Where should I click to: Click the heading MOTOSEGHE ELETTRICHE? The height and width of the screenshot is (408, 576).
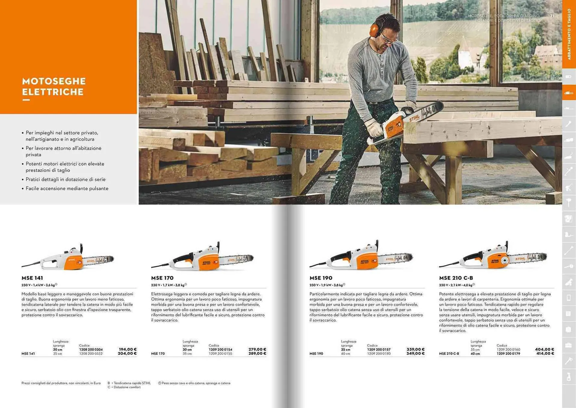tap(54, 87)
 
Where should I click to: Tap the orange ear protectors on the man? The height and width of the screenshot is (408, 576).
tap(375, 30)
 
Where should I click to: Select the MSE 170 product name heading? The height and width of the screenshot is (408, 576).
tap(162, 278)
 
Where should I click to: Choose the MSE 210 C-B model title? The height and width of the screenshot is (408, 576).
tap(456, 278)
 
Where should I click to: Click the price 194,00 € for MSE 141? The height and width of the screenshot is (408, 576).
tap(127, 349)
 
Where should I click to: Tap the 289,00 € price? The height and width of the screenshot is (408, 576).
tap(257, 354)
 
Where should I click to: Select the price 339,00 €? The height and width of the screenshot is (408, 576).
tap(415, 349)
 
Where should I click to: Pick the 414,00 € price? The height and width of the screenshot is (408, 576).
tap(545, 354)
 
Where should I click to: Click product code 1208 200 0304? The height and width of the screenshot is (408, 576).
tap(91, 350)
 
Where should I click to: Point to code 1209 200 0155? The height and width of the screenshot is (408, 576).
tap(220, 354)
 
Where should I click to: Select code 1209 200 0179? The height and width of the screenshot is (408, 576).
tap(508, 354)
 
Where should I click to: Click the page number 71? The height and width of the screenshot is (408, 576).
tap(552, 16)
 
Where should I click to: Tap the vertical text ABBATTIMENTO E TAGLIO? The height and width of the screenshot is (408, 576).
tap(569, 34)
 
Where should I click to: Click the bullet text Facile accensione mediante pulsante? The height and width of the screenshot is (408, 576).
tap(67, 188)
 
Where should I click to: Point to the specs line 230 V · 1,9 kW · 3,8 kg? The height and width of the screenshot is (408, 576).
tap(327, 285)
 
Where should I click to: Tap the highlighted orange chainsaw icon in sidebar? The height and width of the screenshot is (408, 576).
tap(569, 93)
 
